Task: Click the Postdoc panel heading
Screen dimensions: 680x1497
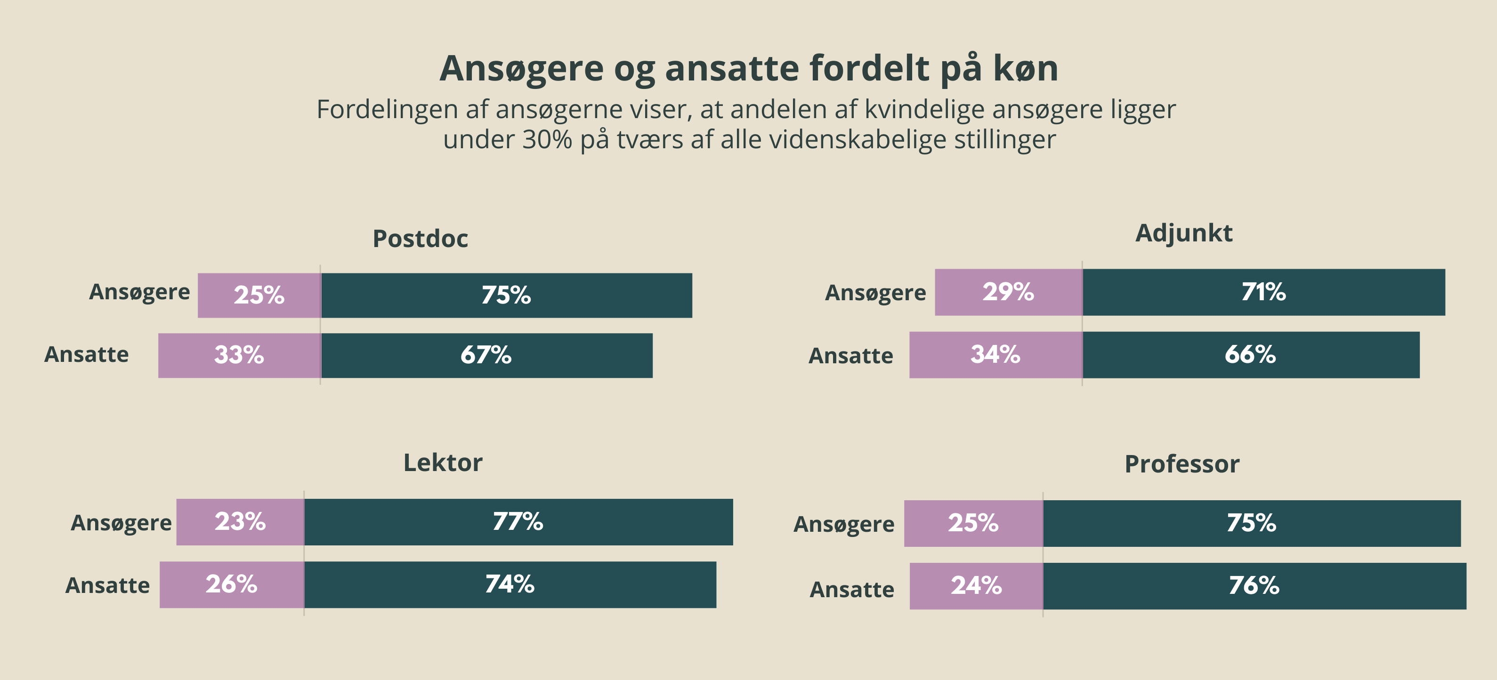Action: (x=420, y=239)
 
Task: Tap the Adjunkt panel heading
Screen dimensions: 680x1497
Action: (x=1184, y=233)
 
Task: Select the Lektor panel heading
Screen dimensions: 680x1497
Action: (x=443, y=463)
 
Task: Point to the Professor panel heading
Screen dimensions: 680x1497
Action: (x=1182, y=464)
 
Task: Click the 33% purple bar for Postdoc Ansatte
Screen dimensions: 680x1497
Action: (x=239, y=355)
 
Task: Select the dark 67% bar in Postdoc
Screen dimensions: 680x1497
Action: (x=486, y=355)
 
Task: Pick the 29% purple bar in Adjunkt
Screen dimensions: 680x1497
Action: (x=1008, y=292)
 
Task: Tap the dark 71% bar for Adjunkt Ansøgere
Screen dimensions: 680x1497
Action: (x=1263, y=292)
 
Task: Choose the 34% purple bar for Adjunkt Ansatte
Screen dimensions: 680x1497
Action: (x=995, y=355)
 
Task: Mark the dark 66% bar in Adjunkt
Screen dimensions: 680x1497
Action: (x=1251, y=355)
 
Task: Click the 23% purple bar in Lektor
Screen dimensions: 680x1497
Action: (x=240, y=522)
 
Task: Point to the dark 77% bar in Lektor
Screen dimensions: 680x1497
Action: (x=518, y=522)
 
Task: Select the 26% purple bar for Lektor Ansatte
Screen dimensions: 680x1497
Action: (x=231, y=585)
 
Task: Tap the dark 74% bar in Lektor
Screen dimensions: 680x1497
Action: (x=510, y=585)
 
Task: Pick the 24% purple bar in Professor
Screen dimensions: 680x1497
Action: (x=976, y=586)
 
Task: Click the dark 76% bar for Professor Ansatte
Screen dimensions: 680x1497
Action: (x=1254, y=586)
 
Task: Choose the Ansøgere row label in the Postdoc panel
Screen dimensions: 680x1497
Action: (x=139, y=292)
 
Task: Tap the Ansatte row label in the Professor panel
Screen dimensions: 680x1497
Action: (x=852, y=590)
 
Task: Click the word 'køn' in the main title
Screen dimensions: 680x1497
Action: (x=1026, y=69)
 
